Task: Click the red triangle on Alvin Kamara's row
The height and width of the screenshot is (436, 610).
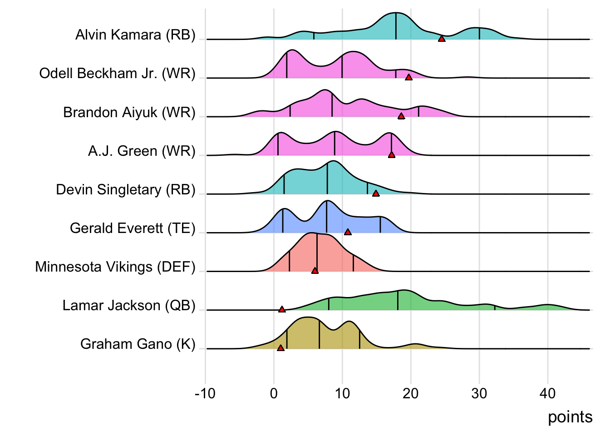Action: pyautogui.click(x=442, y=39)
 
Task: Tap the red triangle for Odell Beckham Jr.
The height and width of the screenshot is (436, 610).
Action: pyautogui.click(x=408, y=78)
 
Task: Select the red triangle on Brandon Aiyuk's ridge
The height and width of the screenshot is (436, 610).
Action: pyautogui.click(x=401, y=116)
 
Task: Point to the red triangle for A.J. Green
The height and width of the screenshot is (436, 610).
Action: pyautogui.click(x=392, y=155)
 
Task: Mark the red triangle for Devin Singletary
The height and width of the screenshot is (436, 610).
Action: pyautogui.click(x=376, y=193)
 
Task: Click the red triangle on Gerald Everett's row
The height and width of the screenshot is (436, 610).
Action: pyautogui.click(x=348, y=232)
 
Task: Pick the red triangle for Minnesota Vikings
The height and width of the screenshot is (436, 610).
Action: pyautogui.click(x=315, y=271)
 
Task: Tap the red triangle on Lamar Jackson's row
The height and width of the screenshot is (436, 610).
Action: pyautogui.click(x=282, y=309)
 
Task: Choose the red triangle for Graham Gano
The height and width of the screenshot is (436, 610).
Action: pyautogui.click(x=280, y=348)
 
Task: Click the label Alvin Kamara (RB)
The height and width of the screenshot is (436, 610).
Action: pyautogui.click(x=135, y=35)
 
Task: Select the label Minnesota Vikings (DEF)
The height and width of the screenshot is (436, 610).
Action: pyautogui.click(x=115, y=267)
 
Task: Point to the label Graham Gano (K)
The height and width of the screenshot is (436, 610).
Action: pyautogui.click(x=138, y=344)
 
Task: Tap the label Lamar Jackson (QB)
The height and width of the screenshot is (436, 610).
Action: pyautogui.click(x=129, y=306)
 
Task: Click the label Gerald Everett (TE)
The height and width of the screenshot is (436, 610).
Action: pyautogui.click(x=133, y=228)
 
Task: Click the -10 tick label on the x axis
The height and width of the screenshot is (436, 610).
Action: pyautogui.click(x=205, y=393)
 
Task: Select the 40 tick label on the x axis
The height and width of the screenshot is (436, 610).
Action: pyautogui.click(x=548, y=393)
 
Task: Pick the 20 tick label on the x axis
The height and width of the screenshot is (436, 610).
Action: pyautogui.click(x=411, y=393)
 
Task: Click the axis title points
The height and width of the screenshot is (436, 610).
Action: pyautogui.click(x=570, y=417)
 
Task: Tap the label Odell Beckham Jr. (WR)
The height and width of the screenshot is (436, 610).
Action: pyautogui.click(x=117, y=74)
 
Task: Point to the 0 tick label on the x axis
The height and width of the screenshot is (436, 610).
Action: pyautogui.click(x=274, y=393)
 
